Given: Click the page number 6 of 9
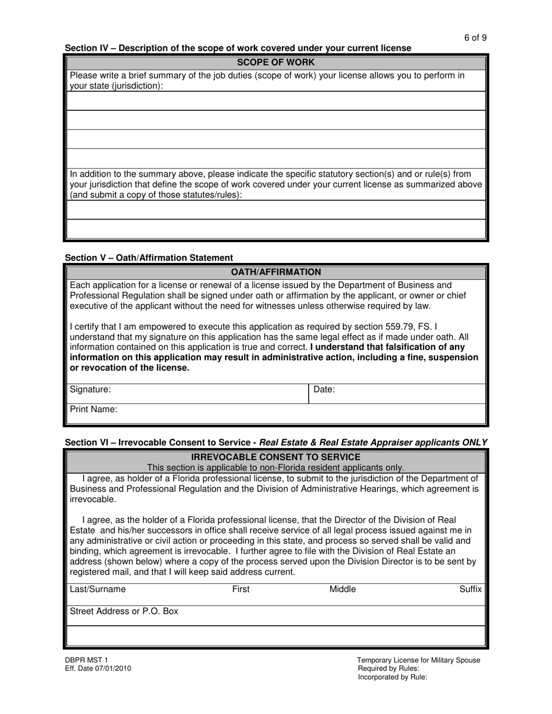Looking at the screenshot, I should click(475, 38).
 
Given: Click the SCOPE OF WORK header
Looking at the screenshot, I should click(276, 62).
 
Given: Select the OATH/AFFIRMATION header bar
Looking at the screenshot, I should click(276, 272).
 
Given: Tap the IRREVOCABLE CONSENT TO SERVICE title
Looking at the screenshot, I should click(276, 457).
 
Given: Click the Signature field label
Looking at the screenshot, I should click(90, 390).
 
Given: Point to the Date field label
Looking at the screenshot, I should click(324, 390).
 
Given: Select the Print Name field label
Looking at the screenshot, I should click(94, 409).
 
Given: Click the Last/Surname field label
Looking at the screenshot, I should click(98, 589).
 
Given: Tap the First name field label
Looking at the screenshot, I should click(241, 589).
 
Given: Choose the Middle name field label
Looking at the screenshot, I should click(343, 589).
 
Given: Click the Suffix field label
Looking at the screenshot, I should click(471, 589).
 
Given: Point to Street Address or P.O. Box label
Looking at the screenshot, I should click(124, 611).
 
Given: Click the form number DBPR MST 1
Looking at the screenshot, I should click(87, 660).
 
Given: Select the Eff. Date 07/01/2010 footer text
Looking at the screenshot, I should click(98, 668).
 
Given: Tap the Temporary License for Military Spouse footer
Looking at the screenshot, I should click(418, 660).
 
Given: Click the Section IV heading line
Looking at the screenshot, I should click(238, 48).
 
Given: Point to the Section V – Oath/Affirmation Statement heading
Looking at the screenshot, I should click(149, 258).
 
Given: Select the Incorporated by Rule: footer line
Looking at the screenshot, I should click(392, 676).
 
